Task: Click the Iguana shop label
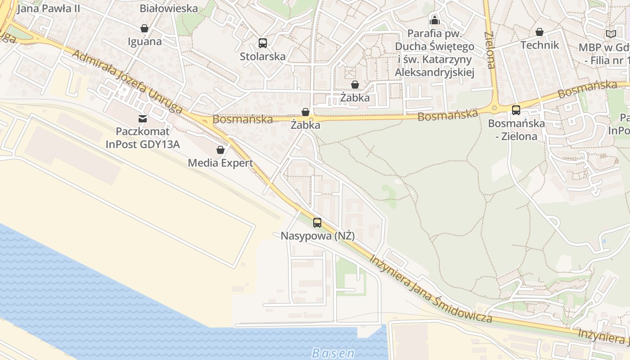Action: pos(144,41)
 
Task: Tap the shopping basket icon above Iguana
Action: pos(144,29)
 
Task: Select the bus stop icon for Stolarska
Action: pos(263,43)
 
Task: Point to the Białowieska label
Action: pos(169,8)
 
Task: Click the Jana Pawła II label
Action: pos(49,8)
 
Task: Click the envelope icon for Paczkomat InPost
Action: pos(143,119)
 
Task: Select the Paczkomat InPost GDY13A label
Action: pos(143,138)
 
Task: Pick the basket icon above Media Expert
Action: pos(220,150)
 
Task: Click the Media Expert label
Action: pos(220,163)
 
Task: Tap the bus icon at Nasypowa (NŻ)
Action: pos(317,222)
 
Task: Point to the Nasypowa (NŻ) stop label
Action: pos(317,236)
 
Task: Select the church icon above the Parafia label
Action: pos(435,20)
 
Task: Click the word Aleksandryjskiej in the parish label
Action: pos(434,72)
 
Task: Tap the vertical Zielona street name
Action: pos(490,49)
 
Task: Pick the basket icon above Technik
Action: pos(540,32)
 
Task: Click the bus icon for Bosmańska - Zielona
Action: pos(516,110)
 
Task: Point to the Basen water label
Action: pos(333,353)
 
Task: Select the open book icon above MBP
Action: pos(611,34)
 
